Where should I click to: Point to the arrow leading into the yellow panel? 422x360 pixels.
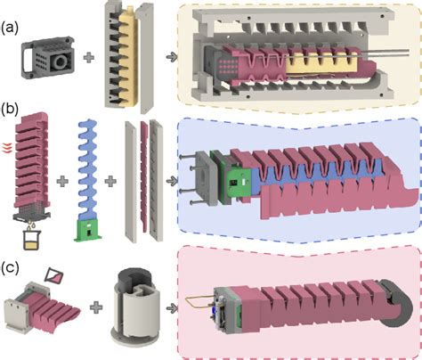click(x=168, y=58)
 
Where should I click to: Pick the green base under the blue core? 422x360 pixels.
click(x=89, y=230)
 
